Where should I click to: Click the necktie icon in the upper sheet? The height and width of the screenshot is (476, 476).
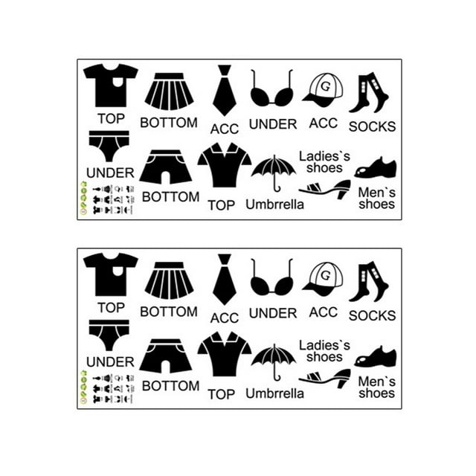pyautogui.click(x=225, y=90)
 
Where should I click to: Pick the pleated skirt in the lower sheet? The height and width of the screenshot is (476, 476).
pyautogui.click(x=169, y=281)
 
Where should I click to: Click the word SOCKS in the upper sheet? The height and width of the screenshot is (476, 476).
pyautogui.click(x=372, y=126)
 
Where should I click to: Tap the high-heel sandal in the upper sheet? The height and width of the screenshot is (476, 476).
pyautogui.click(x=325, y=188)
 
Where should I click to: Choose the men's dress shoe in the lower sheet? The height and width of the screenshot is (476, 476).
pyautogui.click(x=376, y=356)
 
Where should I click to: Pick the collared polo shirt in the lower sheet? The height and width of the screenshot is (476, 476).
pyautogui.click(x=225, y=355)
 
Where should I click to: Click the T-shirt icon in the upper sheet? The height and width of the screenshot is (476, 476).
pyautogui.click(x=110, y=86)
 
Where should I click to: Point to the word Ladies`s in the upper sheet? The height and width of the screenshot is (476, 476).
pyautogui.click(x=324, y=155)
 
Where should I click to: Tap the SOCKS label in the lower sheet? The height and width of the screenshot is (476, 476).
pyautogui.click(x=372, y=315)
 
